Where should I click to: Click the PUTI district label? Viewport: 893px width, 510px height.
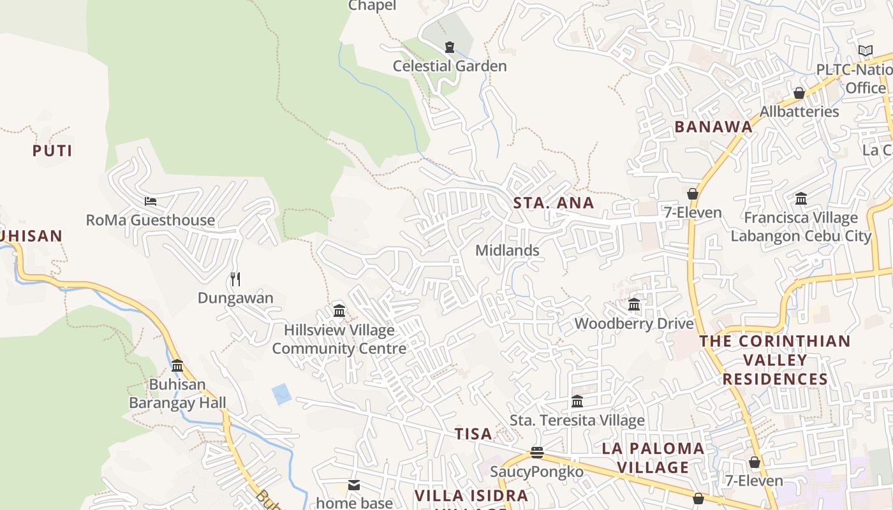click(x=52, y=151)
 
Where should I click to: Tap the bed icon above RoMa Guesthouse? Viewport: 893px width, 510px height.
click(x=151, y=201)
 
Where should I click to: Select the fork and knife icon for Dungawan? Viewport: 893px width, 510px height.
click(x=235, y=279)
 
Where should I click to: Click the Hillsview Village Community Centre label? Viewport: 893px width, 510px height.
click(x=339, y=339)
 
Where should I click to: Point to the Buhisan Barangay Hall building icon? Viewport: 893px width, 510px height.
click(x=177, y=366)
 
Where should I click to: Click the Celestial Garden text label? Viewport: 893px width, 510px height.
click(x=450, y=66)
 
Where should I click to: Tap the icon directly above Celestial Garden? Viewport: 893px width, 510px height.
click(x=450, y=47)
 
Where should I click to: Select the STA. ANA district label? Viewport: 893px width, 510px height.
click(x=554, y=203)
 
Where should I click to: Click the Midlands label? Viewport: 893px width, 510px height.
click(x=507, y=251)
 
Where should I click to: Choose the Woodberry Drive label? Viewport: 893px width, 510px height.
click(x=634, y=324)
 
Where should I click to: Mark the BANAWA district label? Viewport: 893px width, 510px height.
click(x=714, y=127)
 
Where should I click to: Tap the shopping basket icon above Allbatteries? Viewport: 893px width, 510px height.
click(x=799, y=93)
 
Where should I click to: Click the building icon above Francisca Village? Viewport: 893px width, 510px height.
click(x=801, y=199)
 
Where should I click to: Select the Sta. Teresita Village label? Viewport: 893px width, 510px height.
click(x=577, y=421)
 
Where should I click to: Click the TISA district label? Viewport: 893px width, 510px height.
click(x=473, y=434)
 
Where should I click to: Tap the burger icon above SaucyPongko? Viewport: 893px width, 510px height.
click(x=536, y=453)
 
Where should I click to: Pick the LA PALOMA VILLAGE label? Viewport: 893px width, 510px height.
click(x=653, y=458)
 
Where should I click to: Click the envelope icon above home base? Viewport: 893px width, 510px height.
click(x=354, y=485)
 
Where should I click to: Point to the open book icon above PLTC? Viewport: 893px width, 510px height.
click(x=865, y=51)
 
